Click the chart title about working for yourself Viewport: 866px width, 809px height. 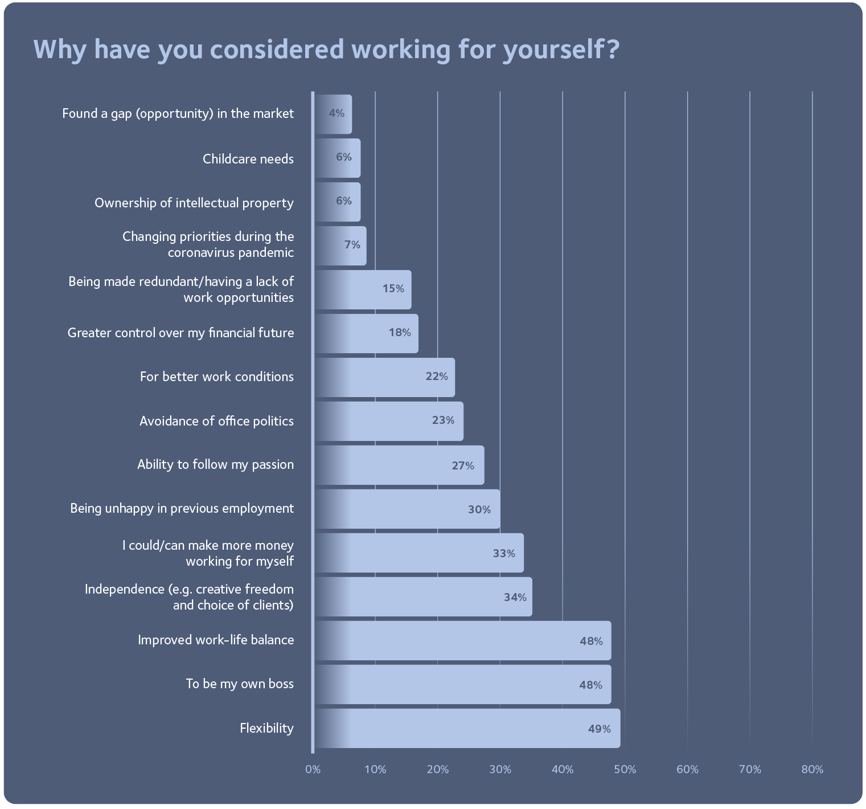pos(326,50)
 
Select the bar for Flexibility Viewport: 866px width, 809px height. pos(467,728)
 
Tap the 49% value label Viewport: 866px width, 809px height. pos(599,729)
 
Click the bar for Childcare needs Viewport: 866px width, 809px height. pos(337,158)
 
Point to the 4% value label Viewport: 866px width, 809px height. pos(336,113)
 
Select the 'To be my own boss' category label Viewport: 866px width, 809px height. pos(240,684)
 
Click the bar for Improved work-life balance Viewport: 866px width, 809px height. pos(462,640)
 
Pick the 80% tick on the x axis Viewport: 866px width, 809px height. pos(812,770)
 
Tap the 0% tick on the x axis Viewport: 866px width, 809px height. pos(313,770)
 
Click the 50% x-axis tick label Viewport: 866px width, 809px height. pos(625,770)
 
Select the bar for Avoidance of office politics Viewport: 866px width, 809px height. pos(388,421)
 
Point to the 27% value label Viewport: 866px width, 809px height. pos(463,465)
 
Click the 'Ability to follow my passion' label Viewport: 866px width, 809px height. pos(215,464)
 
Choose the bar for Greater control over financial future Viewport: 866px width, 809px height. pos(366,333)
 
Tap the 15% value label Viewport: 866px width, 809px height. pos(393,289)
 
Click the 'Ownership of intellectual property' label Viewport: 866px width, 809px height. pos(194,203)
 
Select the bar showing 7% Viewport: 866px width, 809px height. pos(340,246)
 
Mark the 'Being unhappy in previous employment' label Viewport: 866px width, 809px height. pos(182,508)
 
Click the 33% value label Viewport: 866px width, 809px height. pos(504,553)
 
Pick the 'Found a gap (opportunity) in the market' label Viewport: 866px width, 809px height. pos(178,113)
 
